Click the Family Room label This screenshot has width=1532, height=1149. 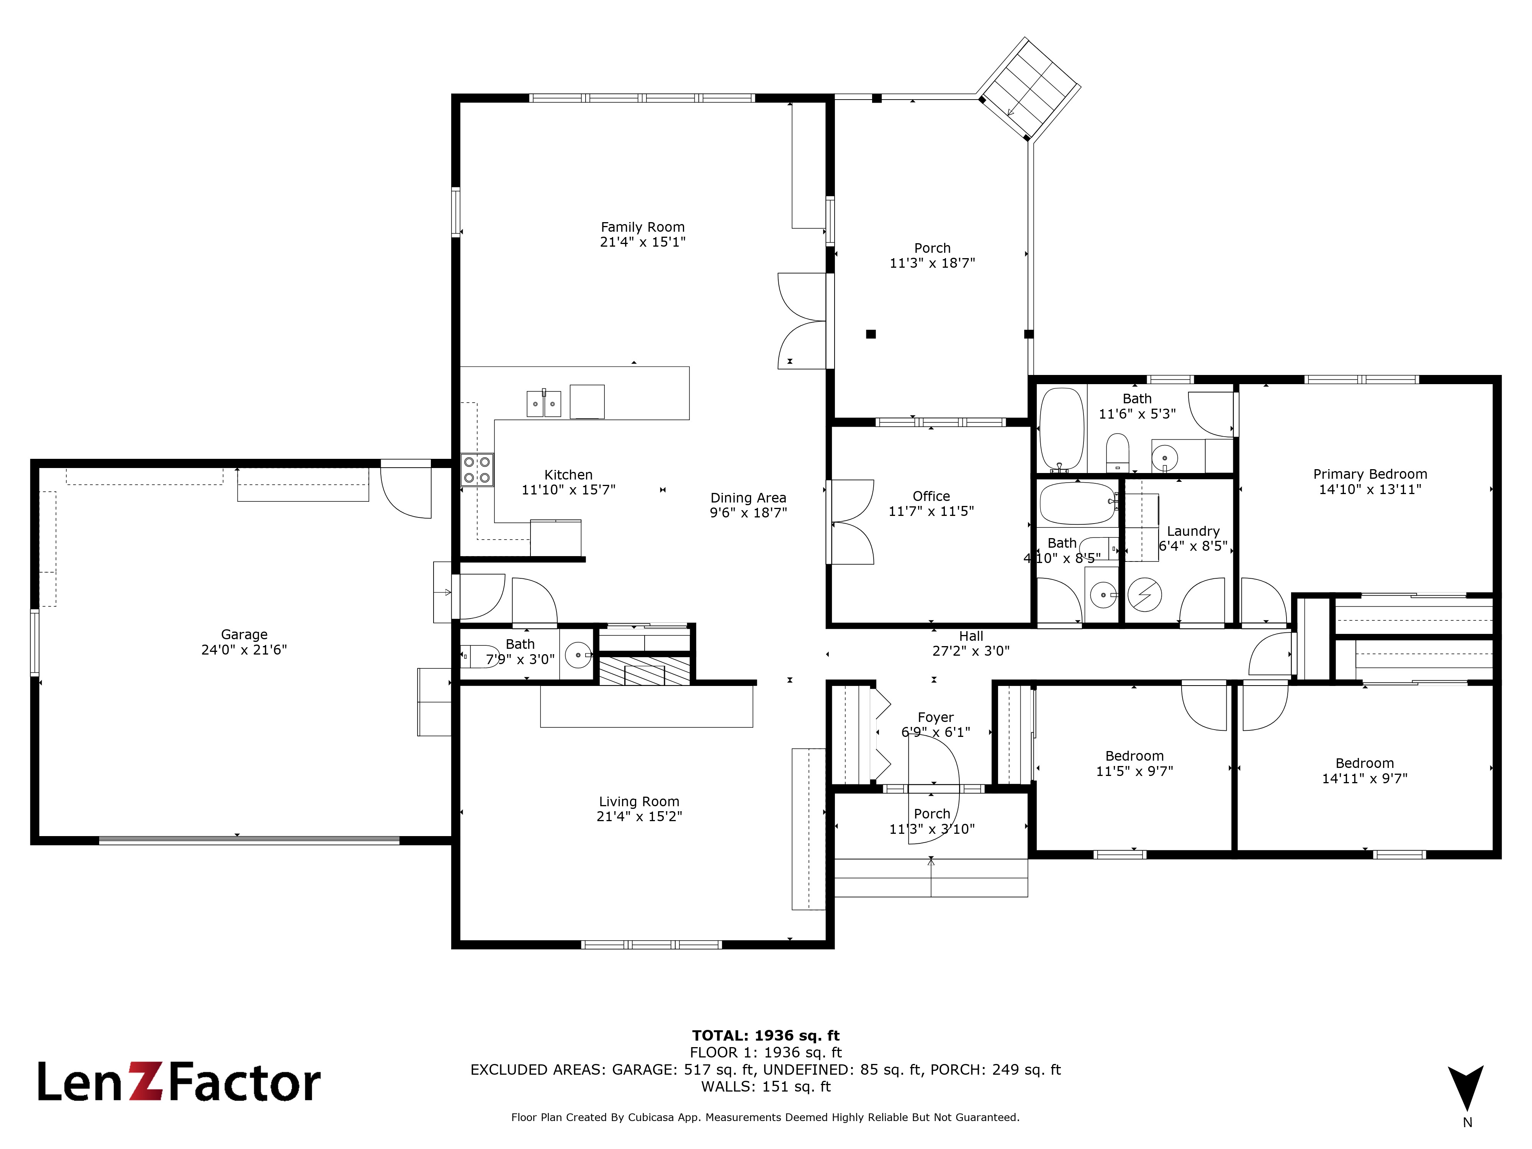click(642, 227)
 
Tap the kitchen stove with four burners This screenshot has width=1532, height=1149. click(477, 470)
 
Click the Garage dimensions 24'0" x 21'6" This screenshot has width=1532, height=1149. click(244, 650)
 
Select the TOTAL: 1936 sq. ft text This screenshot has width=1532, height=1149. click(765, 1035)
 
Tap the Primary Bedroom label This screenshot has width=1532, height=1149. click(1369, 475)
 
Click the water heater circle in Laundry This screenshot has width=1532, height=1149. click(1144, 594)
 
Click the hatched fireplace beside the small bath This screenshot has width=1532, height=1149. click(644, 670)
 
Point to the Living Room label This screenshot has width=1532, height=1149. click(638, 801)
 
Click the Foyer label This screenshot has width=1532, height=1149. click(935, 717)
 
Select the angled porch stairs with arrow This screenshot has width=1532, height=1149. click(1028, 88)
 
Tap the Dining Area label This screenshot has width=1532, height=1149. click(748, 498)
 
